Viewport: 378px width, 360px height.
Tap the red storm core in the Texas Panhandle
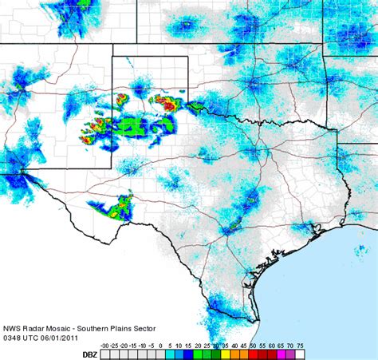click(x=167, y=101)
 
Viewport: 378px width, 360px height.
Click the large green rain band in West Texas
click(x=132, y=125)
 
